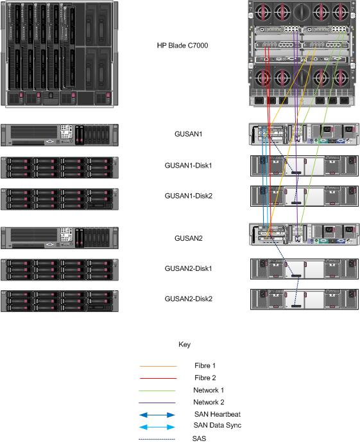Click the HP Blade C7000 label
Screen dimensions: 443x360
[x=183, y=46]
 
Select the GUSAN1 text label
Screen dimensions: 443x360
[x=189, y=134]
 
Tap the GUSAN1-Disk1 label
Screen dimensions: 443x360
[x=188, y=165]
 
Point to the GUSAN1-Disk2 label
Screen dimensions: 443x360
[x=188, y=196]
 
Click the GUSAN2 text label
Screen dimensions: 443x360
[x=189, y=238]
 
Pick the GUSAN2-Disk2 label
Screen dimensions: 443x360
[x=188, y=299]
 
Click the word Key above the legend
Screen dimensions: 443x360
[x=184, y=345]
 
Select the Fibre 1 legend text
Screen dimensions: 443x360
[x=205, y=365]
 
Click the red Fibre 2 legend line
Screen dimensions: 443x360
[x=157, y=378]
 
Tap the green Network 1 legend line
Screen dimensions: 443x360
[x=157, y=390]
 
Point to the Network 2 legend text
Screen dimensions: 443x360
[x=210, y=402]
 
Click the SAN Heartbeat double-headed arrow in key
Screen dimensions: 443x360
[x=157, y=415]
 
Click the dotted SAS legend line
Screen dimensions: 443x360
[x=157, y=439]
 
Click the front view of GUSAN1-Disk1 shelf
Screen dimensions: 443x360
[x=60, y=167]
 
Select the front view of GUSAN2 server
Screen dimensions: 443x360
[x=60, y=238]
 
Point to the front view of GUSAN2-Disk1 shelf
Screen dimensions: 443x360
[x=60, y=270]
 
